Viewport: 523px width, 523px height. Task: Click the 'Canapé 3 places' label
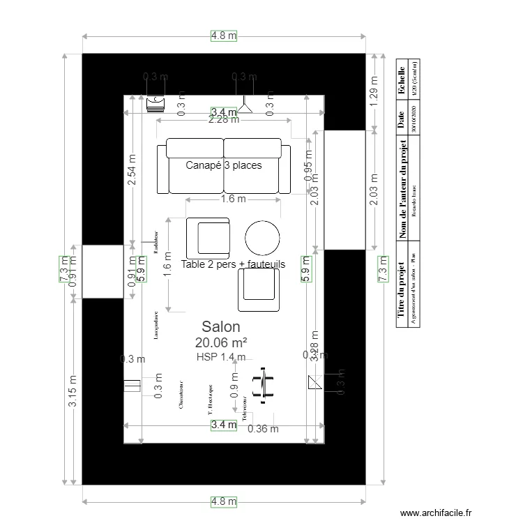[x=224, y=165]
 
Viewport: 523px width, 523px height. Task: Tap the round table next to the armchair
[x=263, y=238]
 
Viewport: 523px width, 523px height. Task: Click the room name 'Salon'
[x=221, y=326]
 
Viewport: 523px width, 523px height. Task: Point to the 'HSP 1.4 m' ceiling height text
[x=221, y=357]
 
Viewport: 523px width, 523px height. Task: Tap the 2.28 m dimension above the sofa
[x=224, y=119]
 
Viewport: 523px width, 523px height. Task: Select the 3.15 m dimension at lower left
[x=73, y=391]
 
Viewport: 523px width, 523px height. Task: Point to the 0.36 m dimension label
[x=263, y=429]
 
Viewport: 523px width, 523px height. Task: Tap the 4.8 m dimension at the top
[x=224, y=36]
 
